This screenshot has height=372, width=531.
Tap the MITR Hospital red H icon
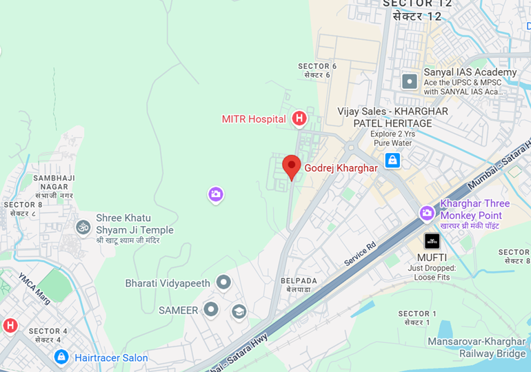coord(299,119)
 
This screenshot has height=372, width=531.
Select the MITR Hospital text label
coord(254,119)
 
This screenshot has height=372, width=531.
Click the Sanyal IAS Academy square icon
coord(410,81)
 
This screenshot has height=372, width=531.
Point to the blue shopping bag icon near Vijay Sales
coord(392,161)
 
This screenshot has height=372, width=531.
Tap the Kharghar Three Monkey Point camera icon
coord(427,214)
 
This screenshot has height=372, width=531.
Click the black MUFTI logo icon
coord(432,241)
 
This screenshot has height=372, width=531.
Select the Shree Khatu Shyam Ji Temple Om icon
coord(83,226)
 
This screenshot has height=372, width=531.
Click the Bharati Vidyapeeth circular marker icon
coord(223,282)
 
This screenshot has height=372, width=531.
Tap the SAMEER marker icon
coord(211,310)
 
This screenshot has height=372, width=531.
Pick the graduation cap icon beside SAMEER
coord(239,311)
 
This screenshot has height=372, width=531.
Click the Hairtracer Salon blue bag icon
coord(61,357)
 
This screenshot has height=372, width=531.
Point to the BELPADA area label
coord(299,285)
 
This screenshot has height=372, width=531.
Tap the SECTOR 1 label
coord(417,318)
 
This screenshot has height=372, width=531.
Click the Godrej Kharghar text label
coord(341,168)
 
